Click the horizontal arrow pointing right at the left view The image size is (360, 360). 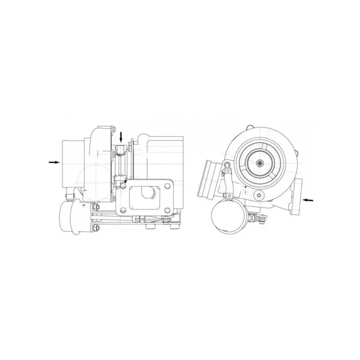click(54, 162)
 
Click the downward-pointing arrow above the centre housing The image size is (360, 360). click(121, 137)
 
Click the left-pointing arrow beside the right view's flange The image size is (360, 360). click(308, 200)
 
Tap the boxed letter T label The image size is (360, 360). click(246, 192)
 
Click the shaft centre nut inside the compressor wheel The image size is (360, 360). click(260, 163)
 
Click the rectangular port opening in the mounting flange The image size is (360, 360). click(145, 198)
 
